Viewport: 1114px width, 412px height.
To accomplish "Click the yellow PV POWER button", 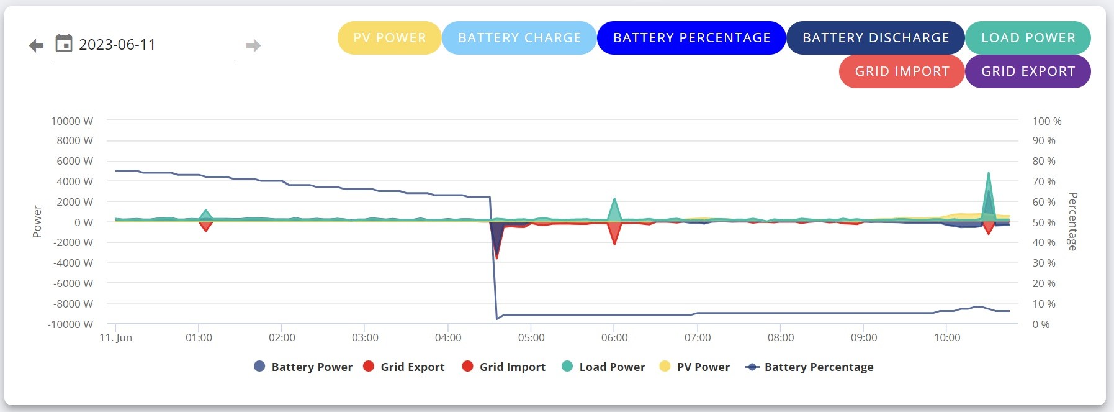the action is click(389, 38).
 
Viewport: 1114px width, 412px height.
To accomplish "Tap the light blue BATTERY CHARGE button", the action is click(519, 38).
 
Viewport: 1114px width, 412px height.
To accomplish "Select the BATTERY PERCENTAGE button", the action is click(691, 38).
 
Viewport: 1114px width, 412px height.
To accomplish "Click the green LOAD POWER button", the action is click(1028, 38).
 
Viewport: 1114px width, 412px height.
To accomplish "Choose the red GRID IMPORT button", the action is click(902, 71).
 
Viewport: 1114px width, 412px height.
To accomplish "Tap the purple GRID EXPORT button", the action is click(1028, 71).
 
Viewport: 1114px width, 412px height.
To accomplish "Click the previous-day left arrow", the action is click(37, 45).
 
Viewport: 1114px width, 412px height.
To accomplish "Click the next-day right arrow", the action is click(253, 45).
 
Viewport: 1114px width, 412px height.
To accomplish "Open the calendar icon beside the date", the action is click(64, 43).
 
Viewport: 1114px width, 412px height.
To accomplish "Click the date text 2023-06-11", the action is click(117, 45).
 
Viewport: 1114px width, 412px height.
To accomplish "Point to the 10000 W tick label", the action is click(72, 121).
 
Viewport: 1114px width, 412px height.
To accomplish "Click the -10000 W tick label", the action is click(70, 324).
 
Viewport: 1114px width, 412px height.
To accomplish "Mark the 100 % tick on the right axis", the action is click(1047, 121).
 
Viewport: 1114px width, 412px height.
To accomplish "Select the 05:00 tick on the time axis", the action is click(531, 337).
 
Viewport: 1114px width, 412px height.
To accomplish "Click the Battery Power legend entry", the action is click(303, 367).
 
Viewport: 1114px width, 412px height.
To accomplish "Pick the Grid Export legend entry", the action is click(404, 367).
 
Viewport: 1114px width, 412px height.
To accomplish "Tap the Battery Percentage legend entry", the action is click(809, 367).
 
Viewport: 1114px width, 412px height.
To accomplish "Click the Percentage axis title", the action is click(1072, 221).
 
